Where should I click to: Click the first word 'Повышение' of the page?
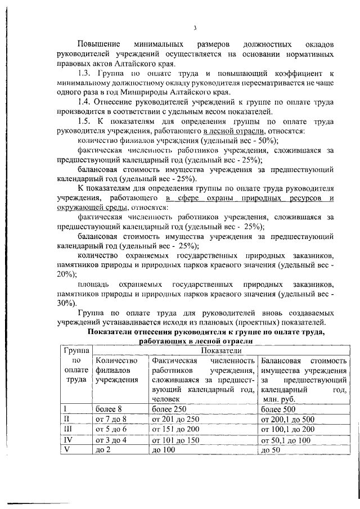point(97,44)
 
